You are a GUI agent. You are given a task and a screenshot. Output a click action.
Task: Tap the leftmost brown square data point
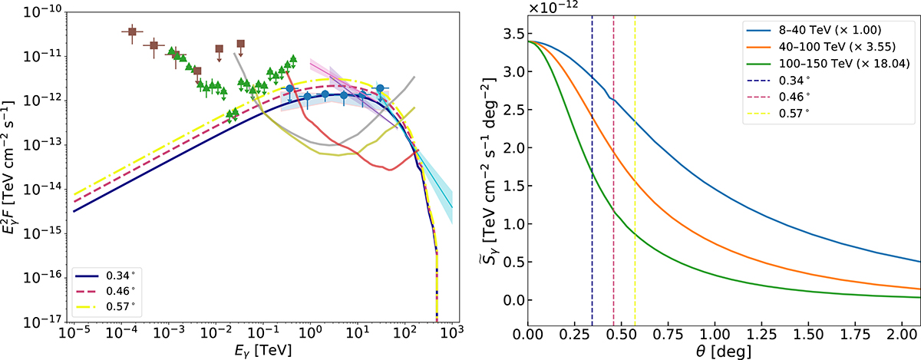(x=132, y=31)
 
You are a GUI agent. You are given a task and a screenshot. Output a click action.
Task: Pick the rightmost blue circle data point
(x=380, y=89)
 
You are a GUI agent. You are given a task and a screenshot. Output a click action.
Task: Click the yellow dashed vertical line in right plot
(x=635, y=192)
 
